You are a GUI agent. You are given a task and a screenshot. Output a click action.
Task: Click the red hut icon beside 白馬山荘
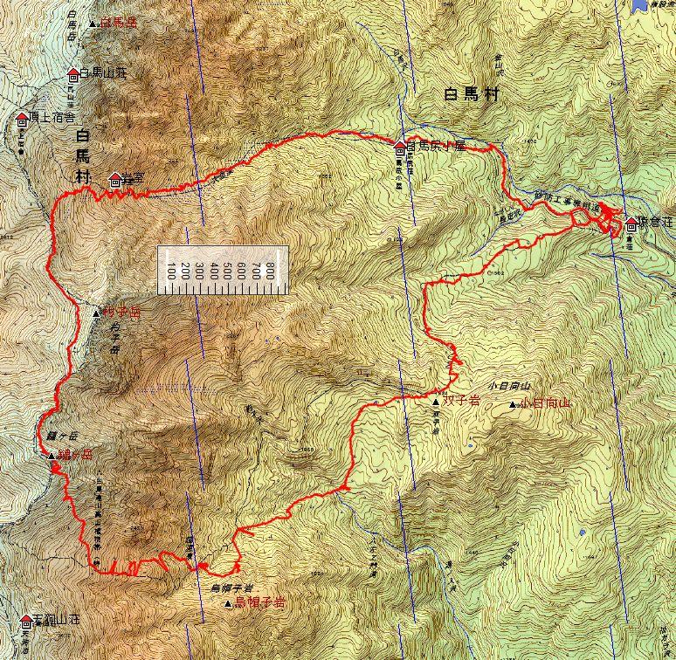(73, 74)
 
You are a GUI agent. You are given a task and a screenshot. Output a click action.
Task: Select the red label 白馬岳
(120, 21)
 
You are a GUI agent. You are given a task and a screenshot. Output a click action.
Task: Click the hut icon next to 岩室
(115, 180)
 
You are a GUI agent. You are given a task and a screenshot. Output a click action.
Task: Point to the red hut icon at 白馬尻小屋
(400, 147)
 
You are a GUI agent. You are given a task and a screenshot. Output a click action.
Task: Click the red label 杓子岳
(121, 312)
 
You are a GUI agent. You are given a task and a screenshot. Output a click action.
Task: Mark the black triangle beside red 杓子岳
(96, 312)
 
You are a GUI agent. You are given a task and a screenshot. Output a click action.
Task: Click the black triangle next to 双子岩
(436, 402)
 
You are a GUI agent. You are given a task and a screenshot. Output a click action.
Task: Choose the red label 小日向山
(545, 403)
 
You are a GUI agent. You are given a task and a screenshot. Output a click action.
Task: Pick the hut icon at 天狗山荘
(24, 621)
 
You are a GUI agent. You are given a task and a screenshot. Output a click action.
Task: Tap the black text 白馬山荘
(103, 73)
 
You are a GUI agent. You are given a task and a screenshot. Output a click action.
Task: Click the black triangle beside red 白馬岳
(93, 22)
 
